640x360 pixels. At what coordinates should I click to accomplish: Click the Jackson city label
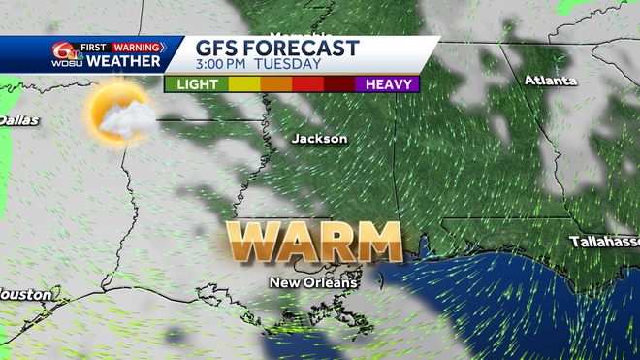(x=319, y=139)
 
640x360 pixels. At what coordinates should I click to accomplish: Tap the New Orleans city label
(x=313, y=283)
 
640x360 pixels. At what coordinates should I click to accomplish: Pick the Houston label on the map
(x=19, y=293)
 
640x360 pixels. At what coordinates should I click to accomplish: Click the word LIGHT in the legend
(x=196, y=84)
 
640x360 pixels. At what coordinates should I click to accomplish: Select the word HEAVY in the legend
(x=386, y=84)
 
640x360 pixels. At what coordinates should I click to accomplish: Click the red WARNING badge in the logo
(x=137, y=46)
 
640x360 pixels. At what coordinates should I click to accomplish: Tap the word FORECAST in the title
(x=304, y=48)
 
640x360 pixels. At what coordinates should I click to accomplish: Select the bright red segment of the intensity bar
(x=307, y=84)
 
